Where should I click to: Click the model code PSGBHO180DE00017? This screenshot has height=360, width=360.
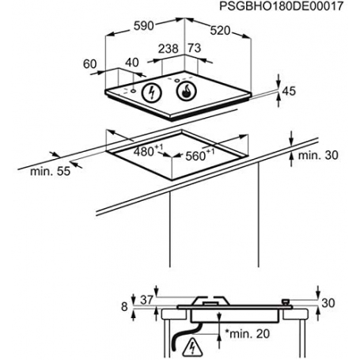[282, 6]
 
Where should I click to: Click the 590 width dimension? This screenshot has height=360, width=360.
[143, 26]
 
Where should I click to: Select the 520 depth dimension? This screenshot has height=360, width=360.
[220, 31]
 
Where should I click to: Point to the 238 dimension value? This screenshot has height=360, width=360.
[169, 49]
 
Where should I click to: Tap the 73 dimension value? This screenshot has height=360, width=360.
[195, 48]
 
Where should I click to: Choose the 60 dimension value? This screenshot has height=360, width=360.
[90, 64]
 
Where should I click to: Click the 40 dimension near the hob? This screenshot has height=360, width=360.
[132, 63]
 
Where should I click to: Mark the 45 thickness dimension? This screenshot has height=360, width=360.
[289, 91]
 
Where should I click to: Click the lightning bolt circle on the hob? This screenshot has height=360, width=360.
[151, 93]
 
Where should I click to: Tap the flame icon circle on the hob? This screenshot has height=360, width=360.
[187, 92]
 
